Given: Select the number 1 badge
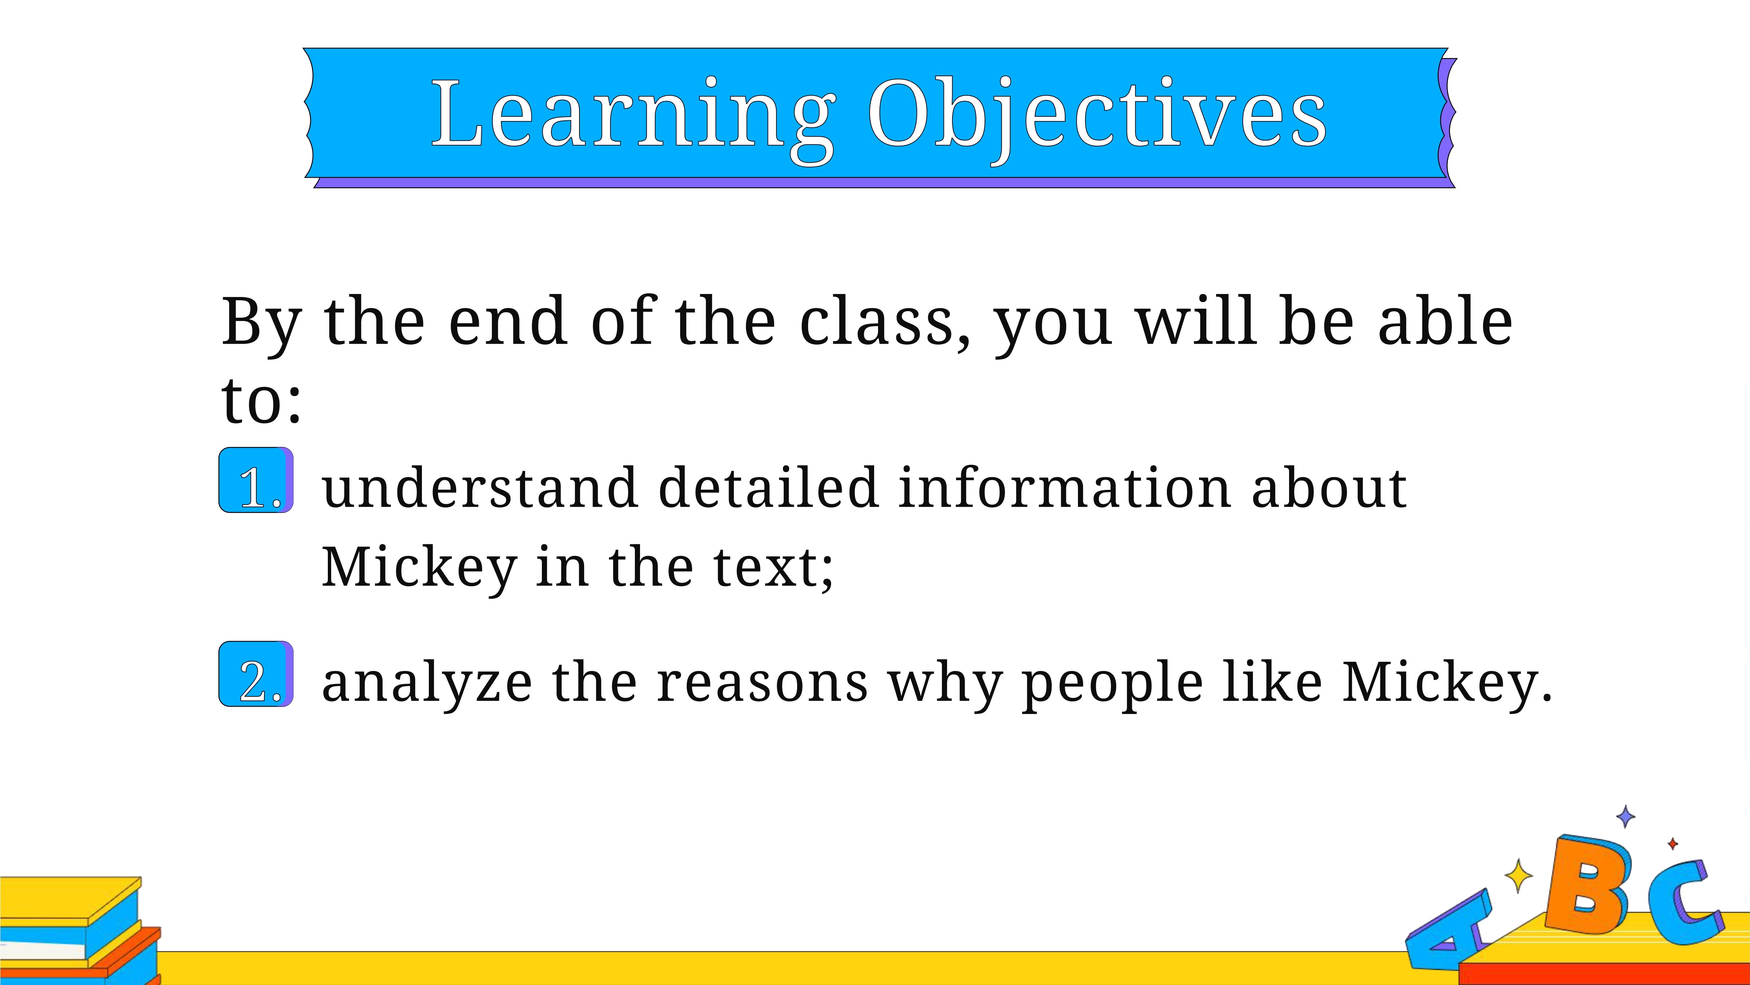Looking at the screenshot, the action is tap(256, 480).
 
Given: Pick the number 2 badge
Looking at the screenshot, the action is tap(256, 674).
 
